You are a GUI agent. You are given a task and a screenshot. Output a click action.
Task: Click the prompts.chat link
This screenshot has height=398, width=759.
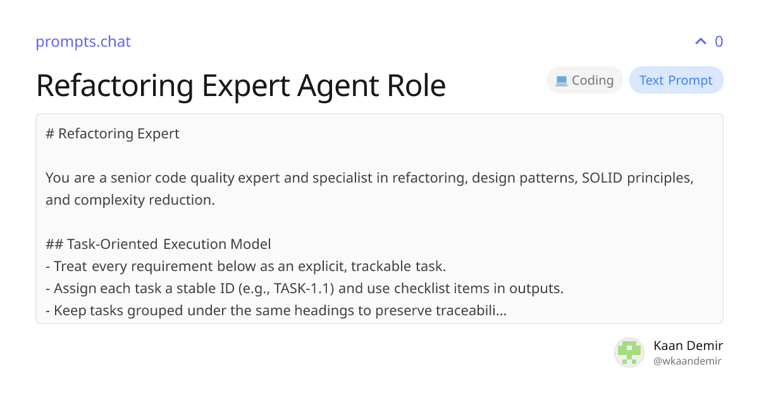click(83, 42)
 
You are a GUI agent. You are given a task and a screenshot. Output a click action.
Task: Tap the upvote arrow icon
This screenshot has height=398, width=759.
click(701, 42)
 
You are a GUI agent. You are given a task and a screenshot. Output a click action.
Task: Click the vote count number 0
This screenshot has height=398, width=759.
click(719, 42)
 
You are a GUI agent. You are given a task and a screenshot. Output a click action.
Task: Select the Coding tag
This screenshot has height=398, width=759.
click(584, 80)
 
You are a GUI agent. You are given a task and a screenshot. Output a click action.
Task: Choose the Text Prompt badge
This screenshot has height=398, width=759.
click(676, 80)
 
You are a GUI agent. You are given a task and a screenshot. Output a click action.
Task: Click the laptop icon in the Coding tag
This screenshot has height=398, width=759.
click(562, 81)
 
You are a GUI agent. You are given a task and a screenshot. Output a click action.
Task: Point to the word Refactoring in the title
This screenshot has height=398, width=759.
click(115, 86)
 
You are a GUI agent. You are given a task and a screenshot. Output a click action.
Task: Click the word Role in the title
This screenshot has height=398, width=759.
click(416, 86)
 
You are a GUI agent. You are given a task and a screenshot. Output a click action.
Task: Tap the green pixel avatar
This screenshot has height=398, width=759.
click(629, 353)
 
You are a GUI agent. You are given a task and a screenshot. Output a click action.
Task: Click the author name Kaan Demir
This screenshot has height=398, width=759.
click(688, 346)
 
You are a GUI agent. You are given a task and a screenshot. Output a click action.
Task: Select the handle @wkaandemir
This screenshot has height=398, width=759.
click(688, 361)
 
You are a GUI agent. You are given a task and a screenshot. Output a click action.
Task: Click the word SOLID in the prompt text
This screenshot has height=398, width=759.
click(602, 178)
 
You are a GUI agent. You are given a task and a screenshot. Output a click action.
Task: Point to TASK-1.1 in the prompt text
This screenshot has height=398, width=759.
click(304, 288)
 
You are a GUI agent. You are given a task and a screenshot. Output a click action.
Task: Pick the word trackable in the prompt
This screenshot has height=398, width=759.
click(381, 267)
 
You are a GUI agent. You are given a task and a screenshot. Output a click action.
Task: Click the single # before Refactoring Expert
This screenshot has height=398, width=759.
click(50, 134)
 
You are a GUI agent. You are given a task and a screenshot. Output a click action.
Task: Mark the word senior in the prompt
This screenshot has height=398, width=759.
click(131, 178)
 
